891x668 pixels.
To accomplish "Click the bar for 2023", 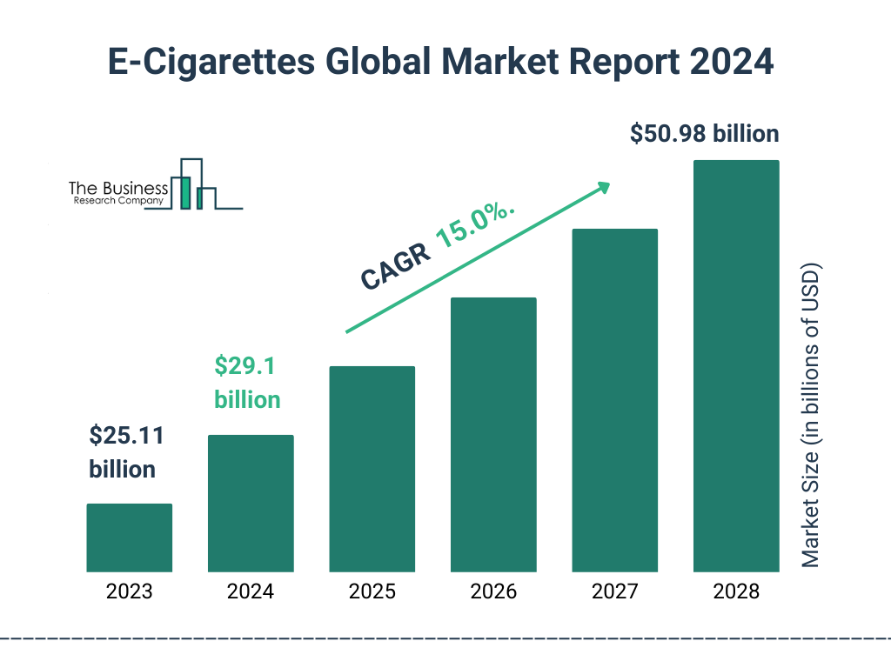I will point(129,538).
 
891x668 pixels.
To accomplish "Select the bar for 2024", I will point(251,503).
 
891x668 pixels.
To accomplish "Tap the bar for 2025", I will point(372,469).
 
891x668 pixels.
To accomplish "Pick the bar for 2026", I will point(493,435).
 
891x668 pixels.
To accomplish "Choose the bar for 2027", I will point(614,400).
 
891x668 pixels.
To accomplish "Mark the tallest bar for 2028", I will point(736,366).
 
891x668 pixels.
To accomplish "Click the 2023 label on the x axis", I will point(129,592).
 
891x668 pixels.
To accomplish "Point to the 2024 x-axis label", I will point(251,592).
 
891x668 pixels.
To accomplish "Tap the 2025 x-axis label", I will point(372,592).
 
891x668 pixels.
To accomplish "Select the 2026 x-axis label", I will point(493,592).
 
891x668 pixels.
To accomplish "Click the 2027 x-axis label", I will point(614,592).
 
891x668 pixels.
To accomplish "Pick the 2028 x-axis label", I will point(736,592).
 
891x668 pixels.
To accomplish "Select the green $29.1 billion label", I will point(247,383).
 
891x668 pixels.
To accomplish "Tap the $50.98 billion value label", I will point(704,134).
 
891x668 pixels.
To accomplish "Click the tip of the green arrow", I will point(607,184).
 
